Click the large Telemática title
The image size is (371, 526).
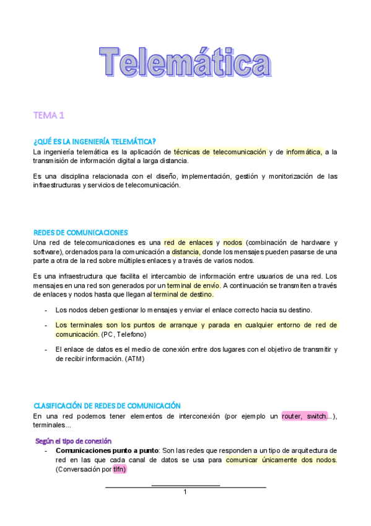click(186, 63)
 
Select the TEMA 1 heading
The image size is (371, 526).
click(49, 115)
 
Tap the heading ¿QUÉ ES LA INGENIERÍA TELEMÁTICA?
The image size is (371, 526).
click(94, 142)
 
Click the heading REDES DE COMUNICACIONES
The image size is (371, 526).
click(81, 233)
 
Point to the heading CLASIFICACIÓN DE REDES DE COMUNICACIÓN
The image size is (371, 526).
click(107, 405)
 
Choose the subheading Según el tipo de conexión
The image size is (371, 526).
click(73, 440)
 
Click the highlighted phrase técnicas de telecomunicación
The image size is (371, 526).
click(220, 152)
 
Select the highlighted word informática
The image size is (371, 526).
click(303, 152)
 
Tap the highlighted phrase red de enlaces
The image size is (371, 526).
click(188, 243)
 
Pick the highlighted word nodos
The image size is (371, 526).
click(233, 243)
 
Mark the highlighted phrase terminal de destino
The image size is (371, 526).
click(183, 295)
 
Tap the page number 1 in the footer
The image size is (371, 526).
click(185, 492)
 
